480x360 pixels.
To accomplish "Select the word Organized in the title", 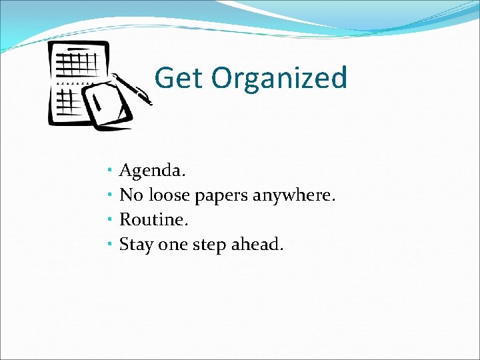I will [280, 78].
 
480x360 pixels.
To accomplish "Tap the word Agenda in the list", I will [152, 171].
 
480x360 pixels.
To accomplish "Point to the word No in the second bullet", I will [131, 195].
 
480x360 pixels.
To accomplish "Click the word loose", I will [169, 195].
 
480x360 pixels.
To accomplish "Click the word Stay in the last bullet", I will [136, 245].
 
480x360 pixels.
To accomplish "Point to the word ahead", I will [257, 245].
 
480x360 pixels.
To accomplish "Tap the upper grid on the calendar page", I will [77, 64].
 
